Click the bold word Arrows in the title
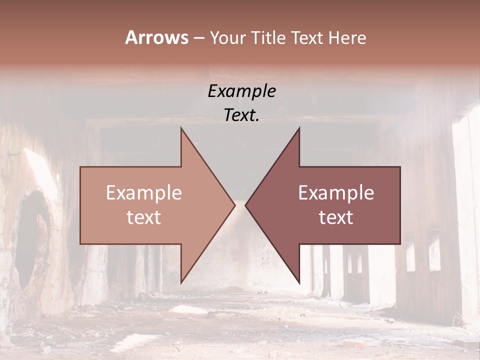[156, 37]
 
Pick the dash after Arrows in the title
[198, 38]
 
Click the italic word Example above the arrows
[241, 91]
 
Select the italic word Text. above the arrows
[241, 115]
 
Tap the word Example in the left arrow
[143, 193]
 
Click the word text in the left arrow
[143, 217]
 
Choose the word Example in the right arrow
[336, 193]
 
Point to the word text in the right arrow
[336, 217]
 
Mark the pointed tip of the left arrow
[234, 205]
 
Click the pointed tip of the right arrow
[245, 205]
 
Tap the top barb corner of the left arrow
[181, 128]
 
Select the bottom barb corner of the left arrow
[181, 282]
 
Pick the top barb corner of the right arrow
[299, 128]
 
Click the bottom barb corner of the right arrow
[299, 282]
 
